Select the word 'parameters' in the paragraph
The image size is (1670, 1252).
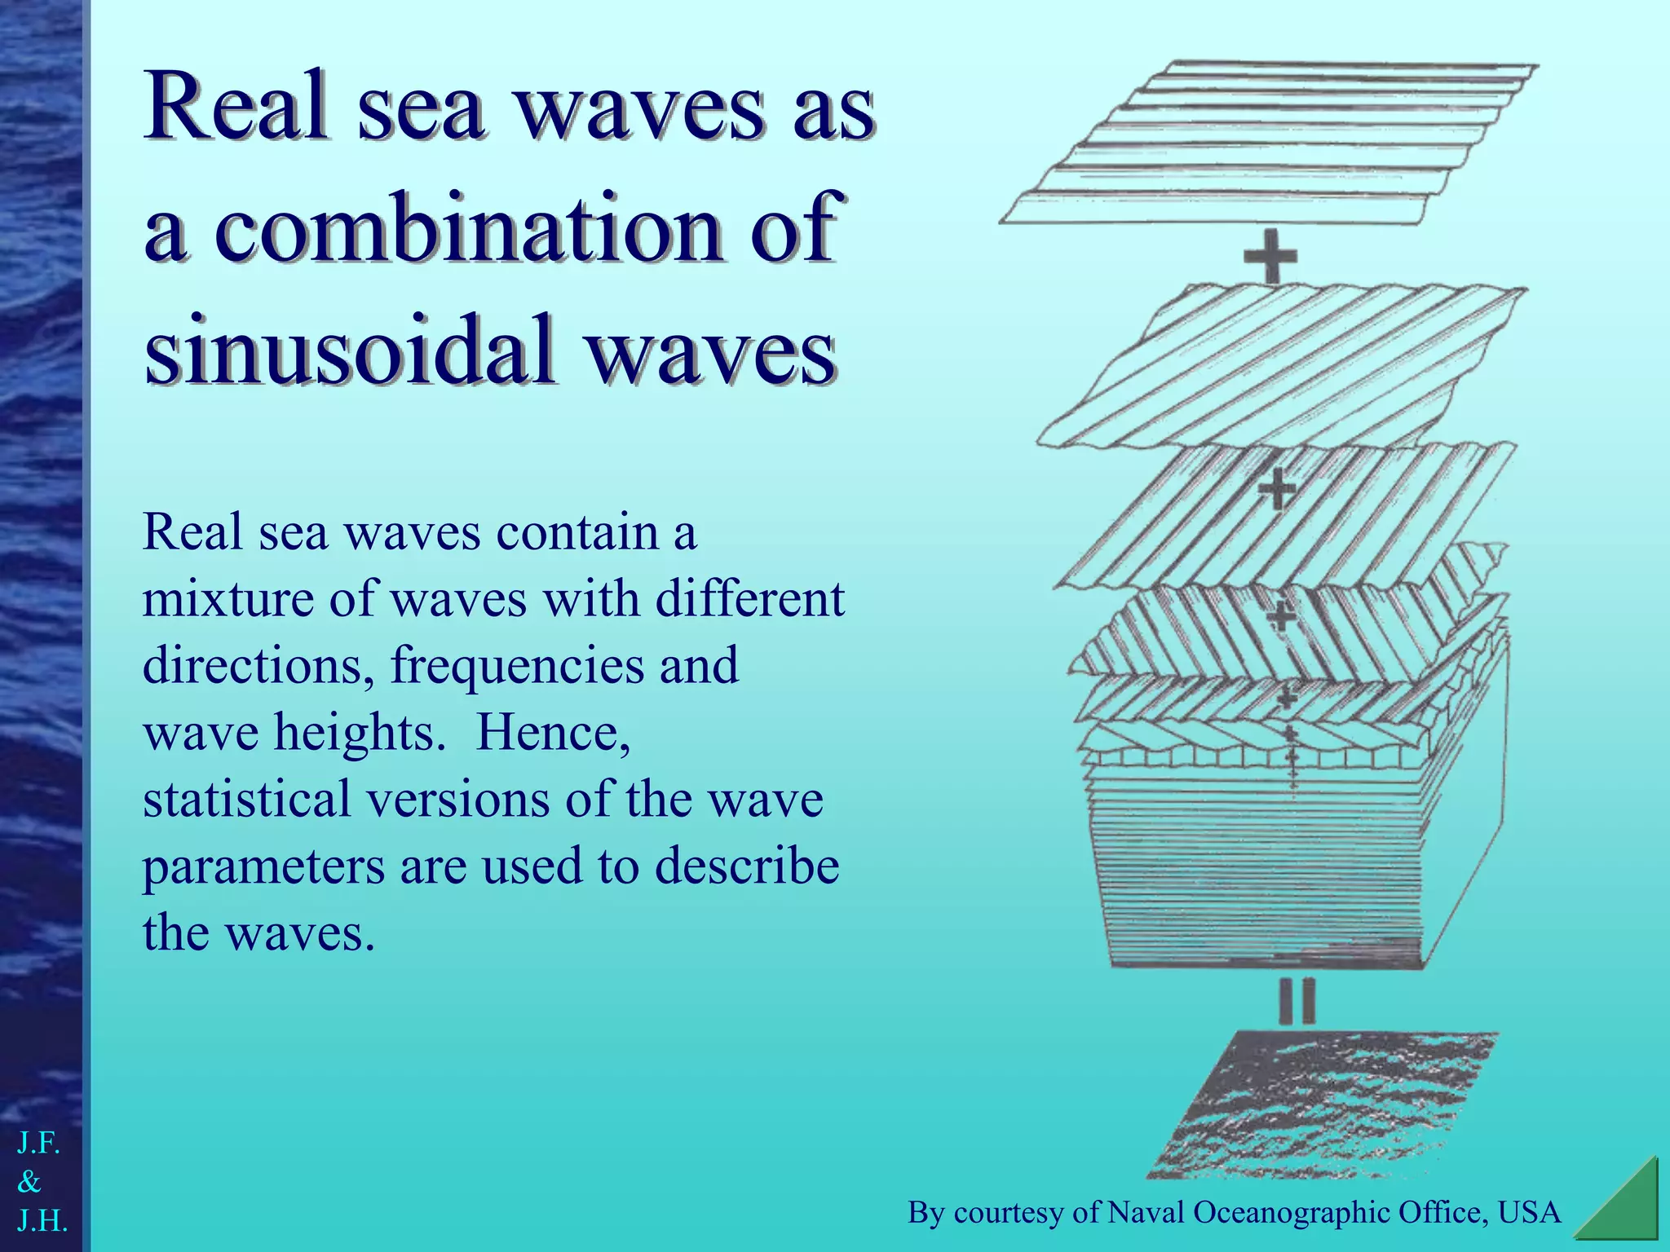263,866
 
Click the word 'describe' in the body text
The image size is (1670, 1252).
747,866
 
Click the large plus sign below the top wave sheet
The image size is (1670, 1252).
1270,256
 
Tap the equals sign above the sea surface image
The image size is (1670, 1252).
1297,1002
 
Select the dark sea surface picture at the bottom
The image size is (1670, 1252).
1321,1104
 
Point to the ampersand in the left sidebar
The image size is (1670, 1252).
29,1181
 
